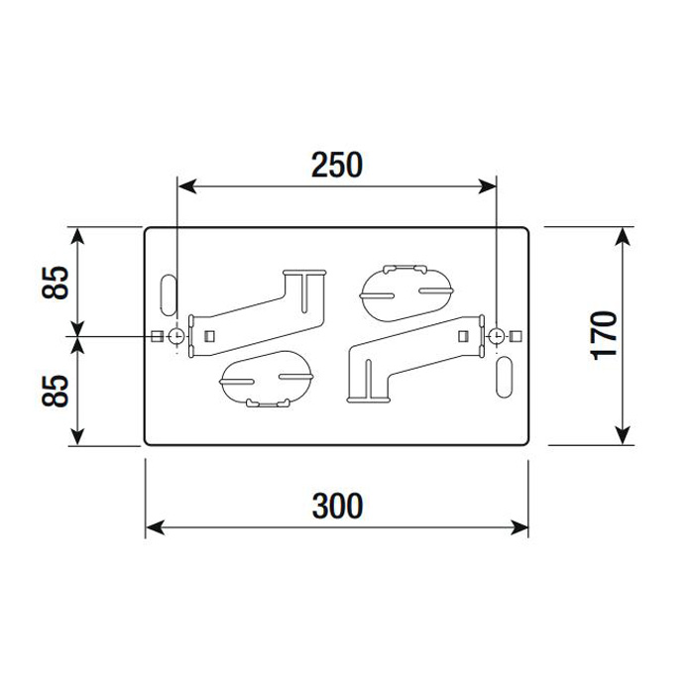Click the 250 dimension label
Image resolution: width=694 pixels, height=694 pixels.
click(x=337, y=166)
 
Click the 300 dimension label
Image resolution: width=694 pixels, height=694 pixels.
click(x=337, y=506)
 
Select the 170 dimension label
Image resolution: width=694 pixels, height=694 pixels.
click(x=605, y=335)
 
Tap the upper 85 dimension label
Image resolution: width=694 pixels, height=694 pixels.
click(x=56, y=283)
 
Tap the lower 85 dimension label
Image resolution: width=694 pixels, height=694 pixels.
click(x=56, y=391)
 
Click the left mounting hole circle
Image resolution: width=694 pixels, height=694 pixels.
click(x=176, y=336)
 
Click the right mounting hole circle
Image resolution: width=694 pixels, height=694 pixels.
click(x=496, y=336)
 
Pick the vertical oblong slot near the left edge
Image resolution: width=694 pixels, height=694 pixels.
click(x=169, y=294)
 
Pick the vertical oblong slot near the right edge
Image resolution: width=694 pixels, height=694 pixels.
click(x=505, y=377)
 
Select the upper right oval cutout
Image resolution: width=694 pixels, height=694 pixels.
click(x=406, y=292)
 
